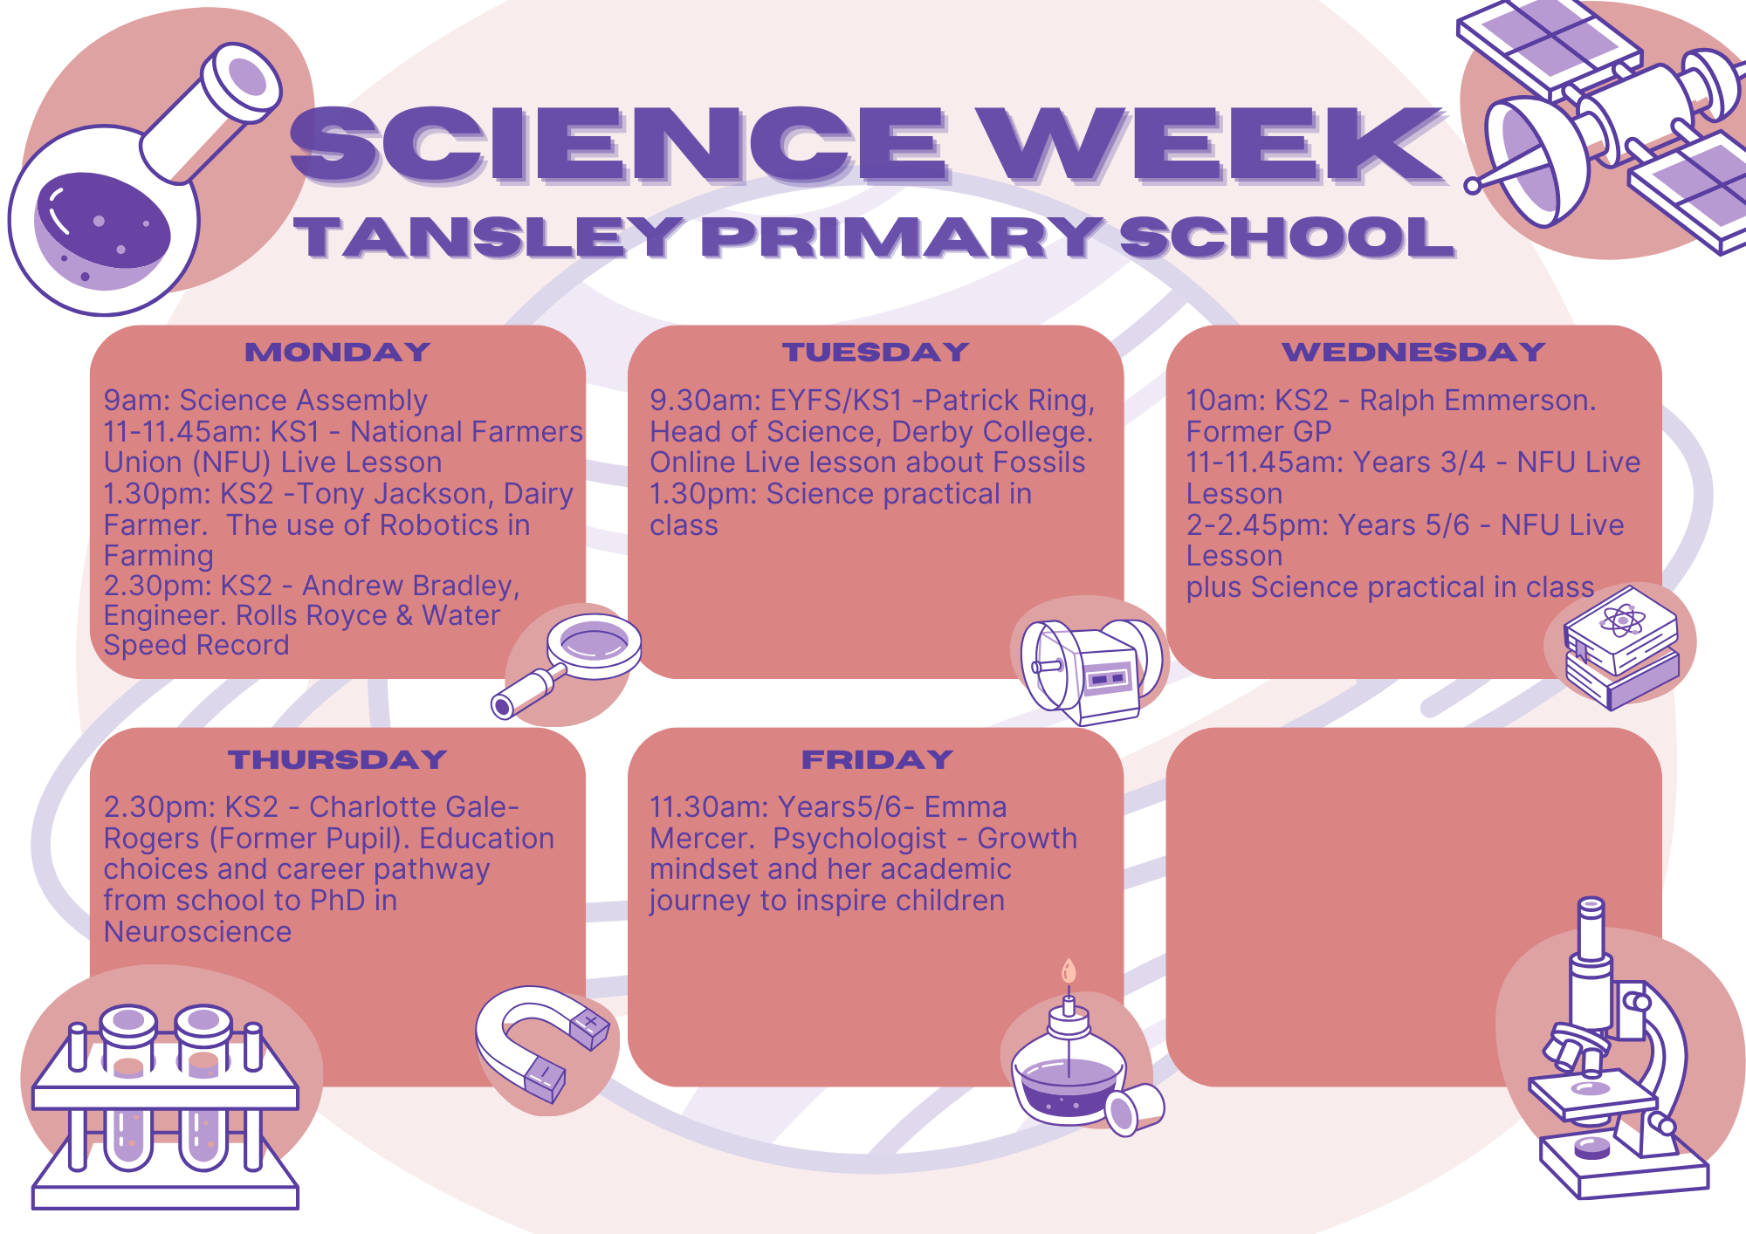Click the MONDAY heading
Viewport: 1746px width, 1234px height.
[x=338, y=352]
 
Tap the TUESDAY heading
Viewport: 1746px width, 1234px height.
[x=876, y=352]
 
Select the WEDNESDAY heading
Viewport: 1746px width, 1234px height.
[x=1413, y=352]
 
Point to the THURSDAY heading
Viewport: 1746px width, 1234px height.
[x=338, y=759]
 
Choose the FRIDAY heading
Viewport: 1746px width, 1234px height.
[x=876, y=759]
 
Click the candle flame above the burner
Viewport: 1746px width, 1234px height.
[x=1069, y=971]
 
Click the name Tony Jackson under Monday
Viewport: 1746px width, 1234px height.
[x=393, y=494]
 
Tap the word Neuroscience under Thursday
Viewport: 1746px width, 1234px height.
[x=197, y=932]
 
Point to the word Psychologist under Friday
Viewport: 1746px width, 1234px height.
[x=859, y=839]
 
